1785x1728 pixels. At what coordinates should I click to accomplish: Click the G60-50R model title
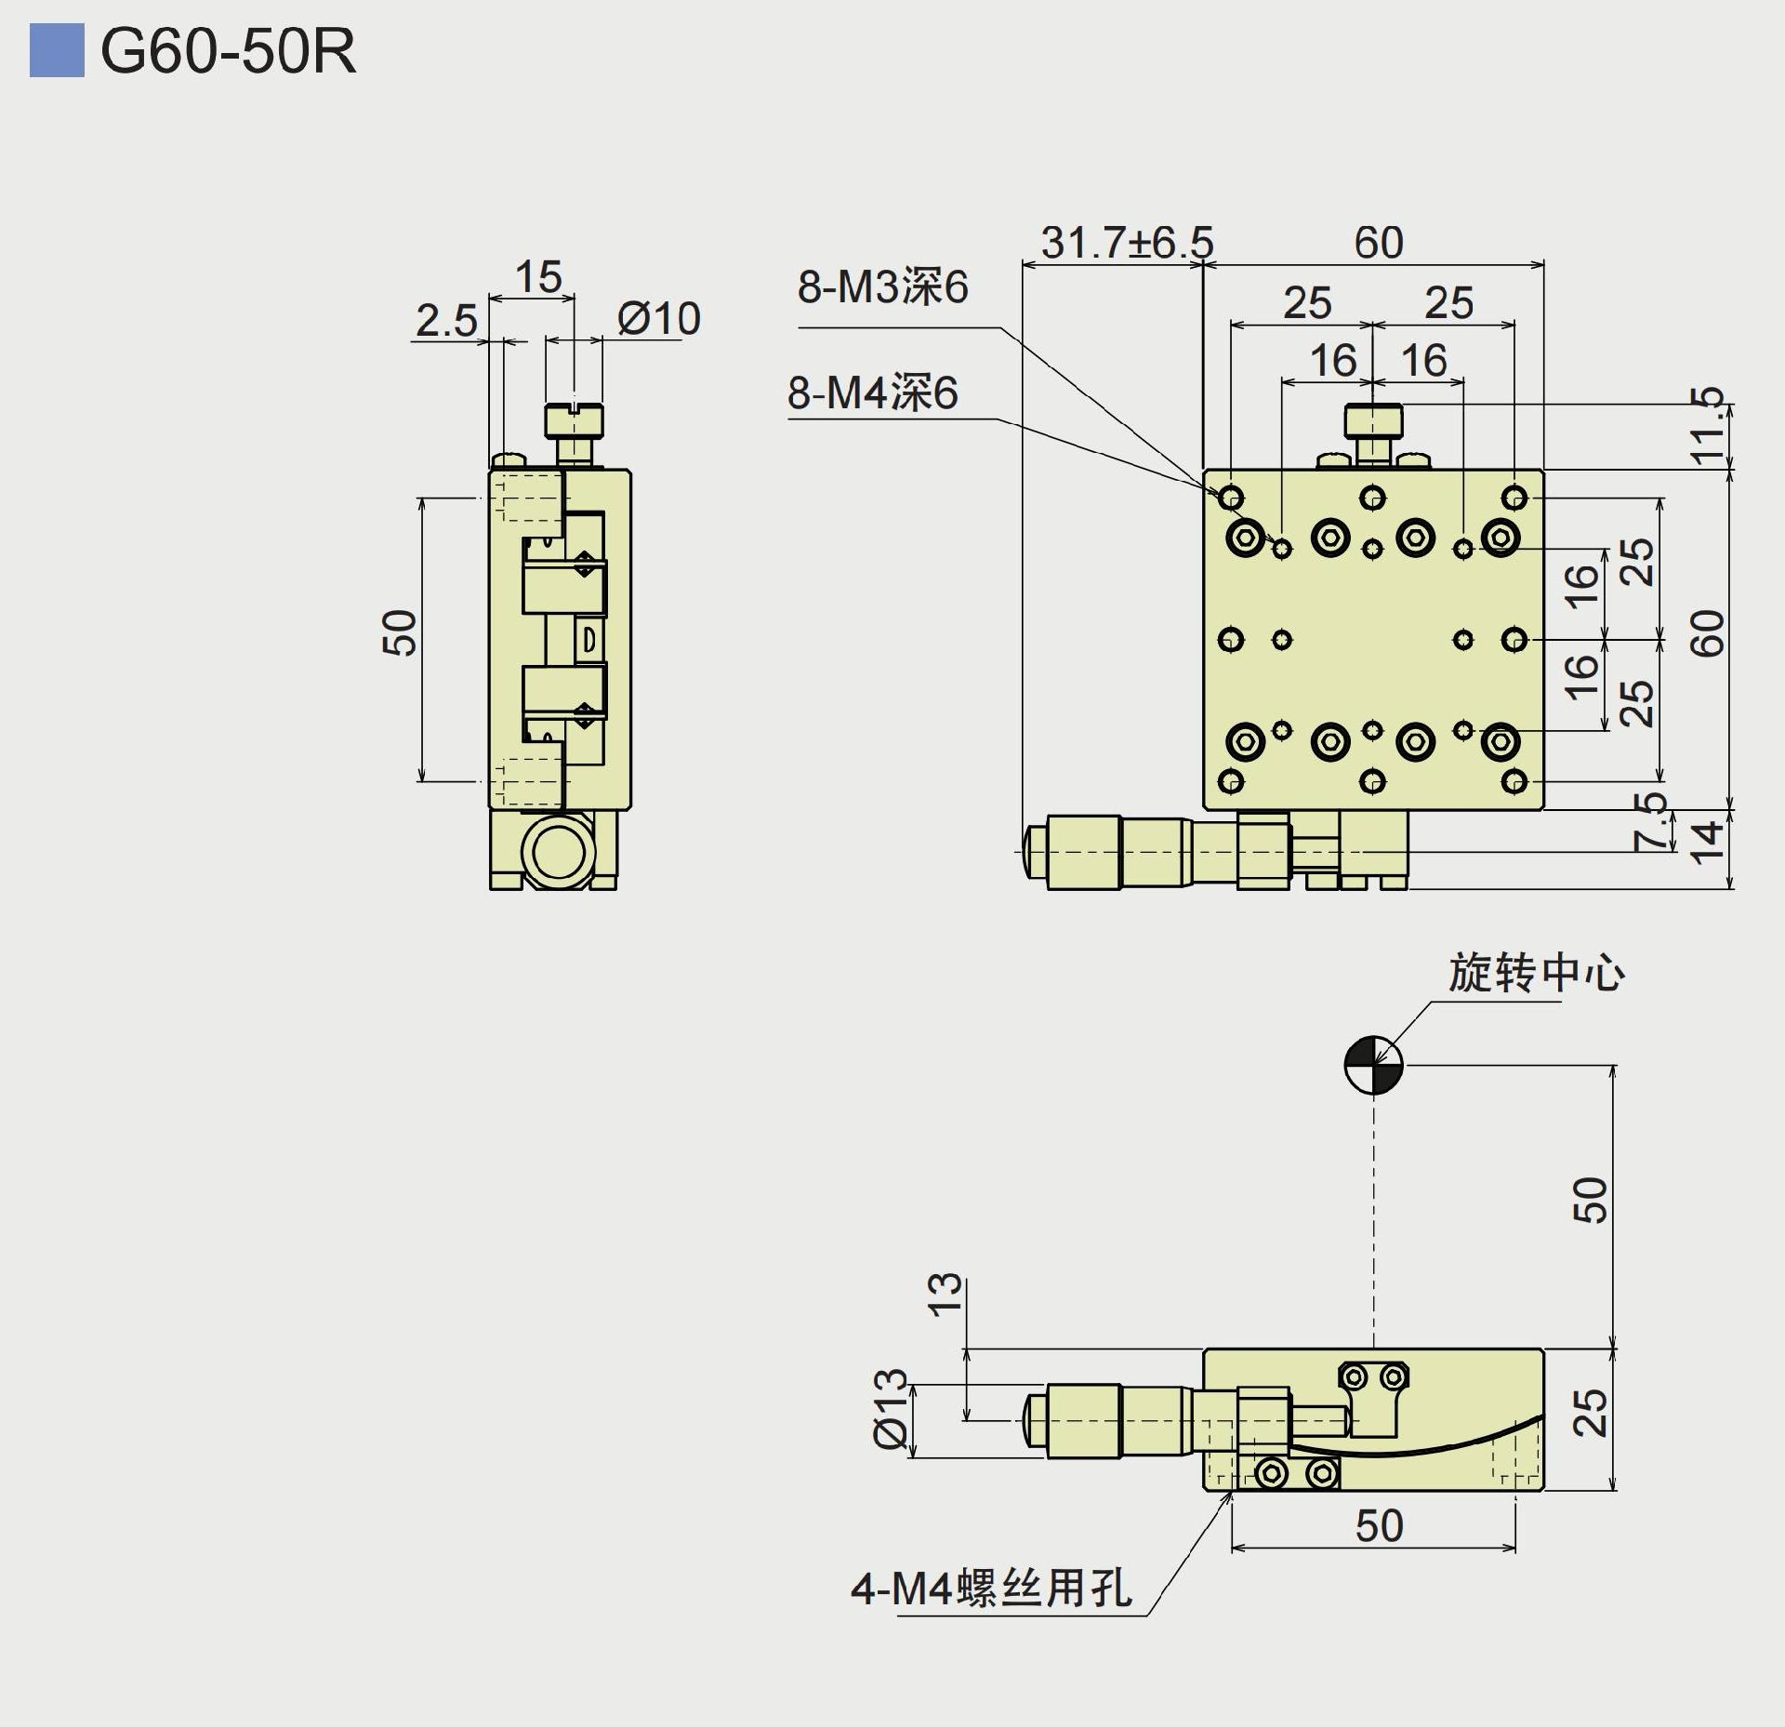click(228, 51)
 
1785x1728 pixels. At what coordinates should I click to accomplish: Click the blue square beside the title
click(57, 51)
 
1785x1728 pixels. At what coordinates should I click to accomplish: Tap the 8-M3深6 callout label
click(882, 286)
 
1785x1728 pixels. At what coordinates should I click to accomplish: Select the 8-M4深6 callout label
click(872, 392)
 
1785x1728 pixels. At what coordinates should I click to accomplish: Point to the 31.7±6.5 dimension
click(1127, 243)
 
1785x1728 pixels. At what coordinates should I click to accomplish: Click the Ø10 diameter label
click(658, 319)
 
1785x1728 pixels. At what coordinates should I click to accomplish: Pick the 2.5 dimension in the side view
click(446, 321)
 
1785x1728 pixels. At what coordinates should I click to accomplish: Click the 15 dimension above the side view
click(538, 277)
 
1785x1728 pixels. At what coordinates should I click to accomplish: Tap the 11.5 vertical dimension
click(1707, 426)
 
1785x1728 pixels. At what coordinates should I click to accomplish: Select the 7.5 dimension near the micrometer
click(1650, 821)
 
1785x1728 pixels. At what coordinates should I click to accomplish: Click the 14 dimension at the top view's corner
click(1707, 842)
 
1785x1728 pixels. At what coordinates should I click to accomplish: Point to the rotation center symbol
click(1373, 1065)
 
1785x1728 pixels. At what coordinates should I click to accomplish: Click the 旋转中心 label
click(1536, 974)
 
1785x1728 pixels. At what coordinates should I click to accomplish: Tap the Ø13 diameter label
click(891, 1408)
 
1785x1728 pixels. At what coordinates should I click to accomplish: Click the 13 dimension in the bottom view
click(945, 1294)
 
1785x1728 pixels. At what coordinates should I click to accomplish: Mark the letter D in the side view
click(588, 640)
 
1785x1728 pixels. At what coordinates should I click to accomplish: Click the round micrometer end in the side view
click(557, 850)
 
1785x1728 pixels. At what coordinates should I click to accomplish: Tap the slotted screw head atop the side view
click(575, 420)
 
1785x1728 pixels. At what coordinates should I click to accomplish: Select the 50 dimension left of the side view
click(400, 633)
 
